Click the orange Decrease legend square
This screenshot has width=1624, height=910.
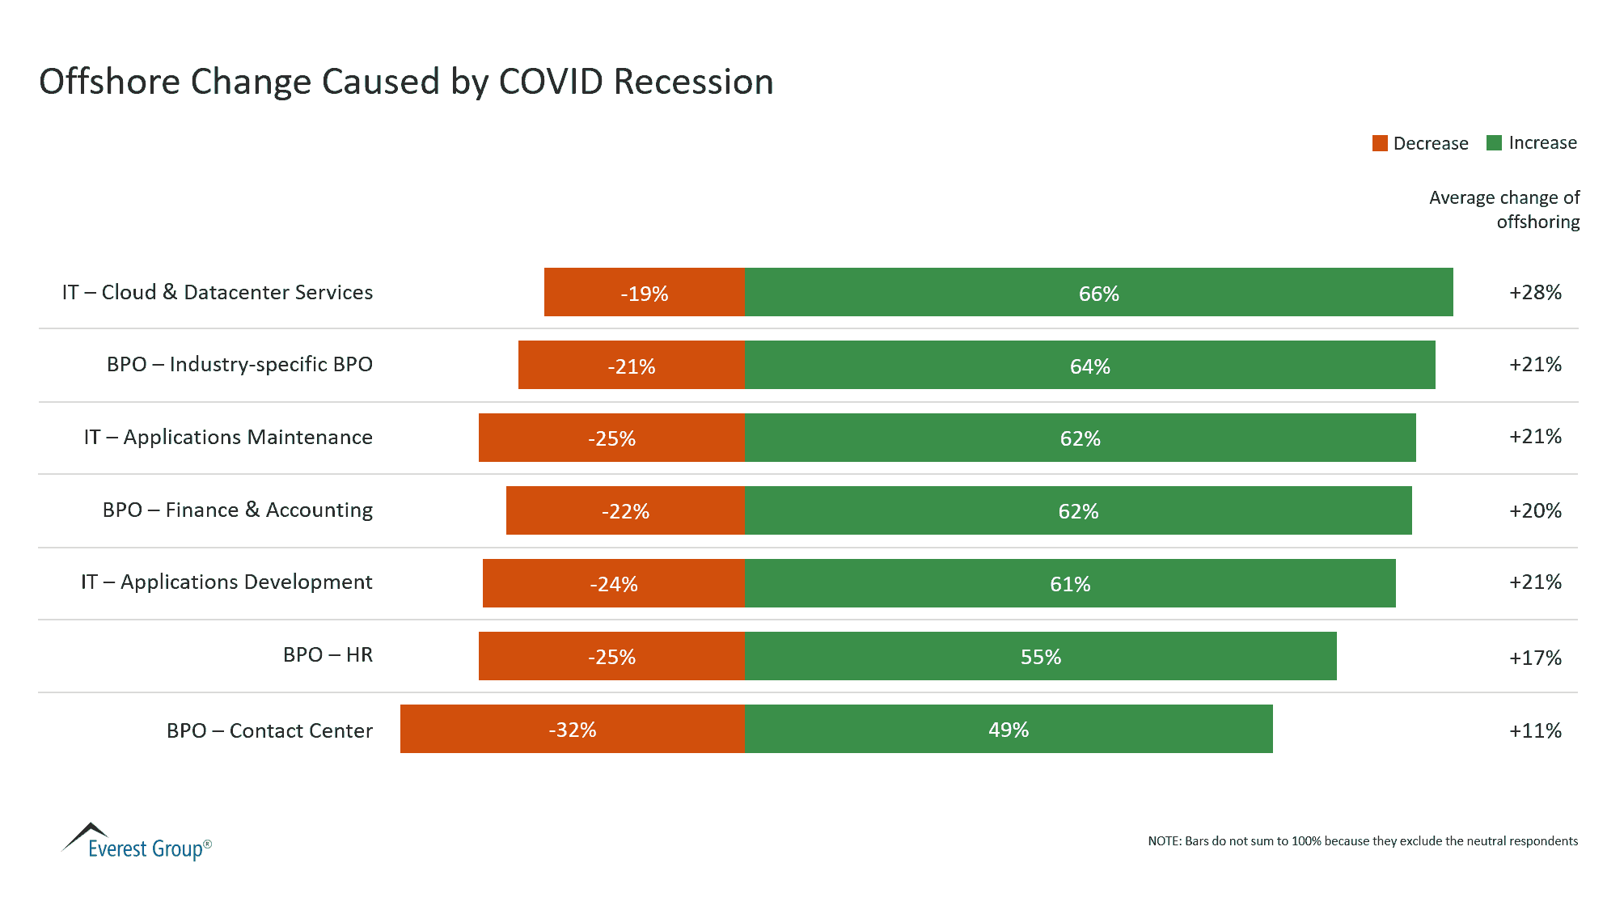coord(1380,143)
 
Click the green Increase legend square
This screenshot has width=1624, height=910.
coord(1494,143)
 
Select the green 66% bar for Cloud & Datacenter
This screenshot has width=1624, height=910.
coord(1098,293)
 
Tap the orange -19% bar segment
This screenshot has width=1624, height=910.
coord(644,293)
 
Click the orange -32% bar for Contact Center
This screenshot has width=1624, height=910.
coord(572,730)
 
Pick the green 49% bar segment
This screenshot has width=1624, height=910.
coord(1008,730)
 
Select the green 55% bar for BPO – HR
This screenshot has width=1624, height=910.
coord(1040,657)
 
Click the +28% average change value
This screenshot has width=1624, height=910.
coord(1534,292)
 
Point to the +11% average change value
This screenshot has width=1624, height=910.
coord(1534,730)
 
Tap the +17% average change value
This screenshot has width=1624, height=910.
coord(1534,658)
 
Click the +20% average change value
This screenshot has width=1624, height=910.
coord(1534,510)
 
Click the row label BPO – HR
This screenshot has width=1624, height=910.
coord(328,654)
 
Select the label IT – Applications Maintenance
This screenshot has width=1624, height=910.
coord(228,437)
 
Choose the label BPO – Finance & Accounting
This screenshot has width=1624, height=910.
coord(237,510)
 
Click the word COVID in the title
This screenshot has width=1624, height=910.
coord(551,82)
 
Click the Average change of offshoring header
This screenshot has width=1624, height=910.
coord(1504,210)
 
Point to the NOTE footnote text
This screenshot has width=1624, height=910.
coord(1362,841)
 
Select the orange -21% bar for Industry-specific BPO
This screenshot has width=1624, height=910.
coord(631,366)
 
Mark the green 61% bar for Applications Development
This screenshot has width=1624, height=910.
coord(1069,584)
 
